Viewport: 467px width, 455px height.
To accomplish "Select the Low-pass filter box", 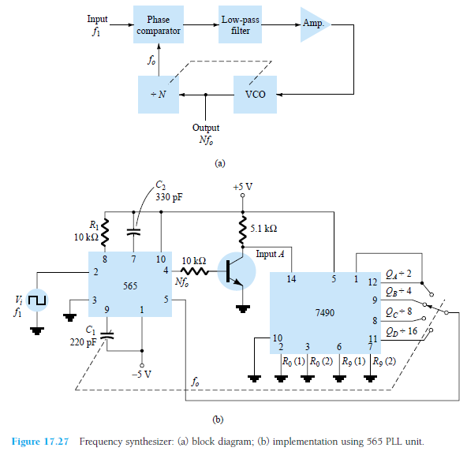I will pyautogui.click(x=241, y=25).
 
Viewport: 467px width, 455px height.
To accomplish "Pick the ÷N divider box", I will pyautogui.click(x=158, y=94).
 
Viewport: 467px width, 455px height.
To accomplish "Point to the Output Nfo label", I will pyautogui.click(x=206, y=134).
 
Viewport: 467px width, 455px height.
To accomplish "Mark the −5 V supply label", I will pyautogui.click(x=143, y=374).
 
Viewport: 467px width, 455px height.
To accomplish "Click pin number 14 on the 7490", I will pyautogui.click(x=293, y=279).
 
